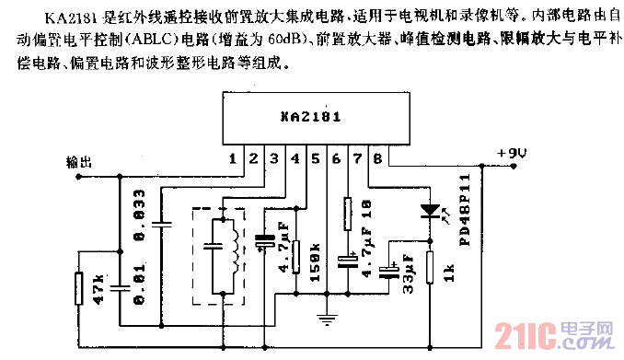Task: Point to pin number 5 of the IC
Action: click(x=315, y=159)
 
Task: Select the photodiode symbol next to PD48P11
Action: click(x=429, y=210)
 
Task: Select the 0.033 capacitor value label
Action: click(x=140, y=226)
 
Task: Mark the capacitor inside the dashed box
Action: click(x=213, y=246)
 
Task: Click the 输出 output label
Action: click(x=80, y=160)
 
